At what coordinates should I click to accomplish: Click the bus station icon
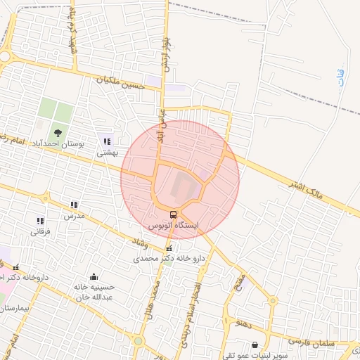tap(173, 214)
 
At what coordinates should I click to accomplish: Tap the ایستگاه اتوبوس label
tap(174, 226)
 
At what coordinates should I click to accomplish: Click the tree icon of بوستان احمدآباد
tap(58, 131)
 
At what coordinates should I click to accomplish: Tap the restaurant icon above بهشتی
tap(107, 141)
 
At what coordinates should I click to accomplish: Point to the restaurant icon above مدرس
tap(74, 205)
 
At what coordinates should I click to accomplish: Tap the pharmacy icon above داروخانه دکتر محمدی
tap(168, 248)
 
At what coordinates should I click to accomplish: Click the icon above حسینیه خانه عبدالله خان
tap(94, 276)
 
